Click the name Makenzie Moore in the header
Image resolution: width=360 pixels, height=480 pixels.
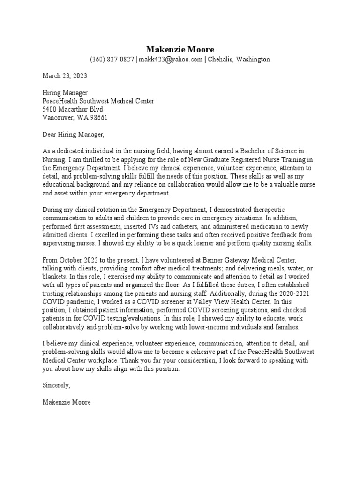[180, 49]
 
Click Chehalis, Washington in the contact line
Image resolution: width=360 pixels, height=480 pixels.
[239, 60]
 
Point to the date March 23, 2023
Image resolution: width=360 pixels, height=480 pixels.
[65, 75]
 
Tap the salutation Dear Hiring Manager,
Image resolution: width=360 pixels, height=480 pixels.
[74, 135]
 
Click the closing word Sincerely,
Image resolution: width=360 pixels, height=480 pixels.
[56, 385]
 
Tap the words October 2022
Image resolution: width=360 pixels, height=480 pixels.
[82, 260]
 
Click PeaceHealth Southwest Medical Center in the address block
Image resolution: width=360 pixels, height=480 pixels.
[98, 101]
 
